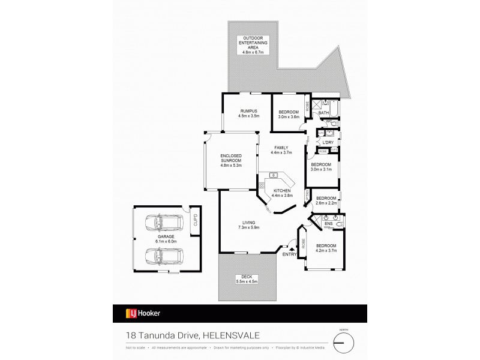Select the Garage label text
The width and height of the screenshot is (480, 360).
[x=166, y=239]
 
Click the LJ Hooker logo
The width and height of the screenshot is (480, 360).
[x=142, y=313]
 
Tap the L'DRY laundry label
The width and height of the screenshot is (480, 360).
[x=328, y=142]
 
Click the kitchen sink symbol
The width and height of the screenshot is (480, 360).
[x=274, y=175]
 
